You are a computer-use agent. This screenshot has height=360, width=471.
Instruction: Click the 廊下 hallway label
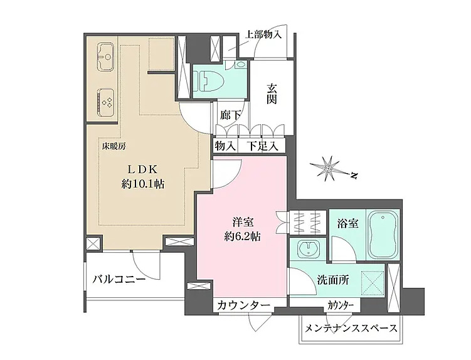(230, 115)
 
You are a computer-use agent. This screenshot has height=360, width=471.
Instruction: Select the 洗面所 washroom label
(332, 280)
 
